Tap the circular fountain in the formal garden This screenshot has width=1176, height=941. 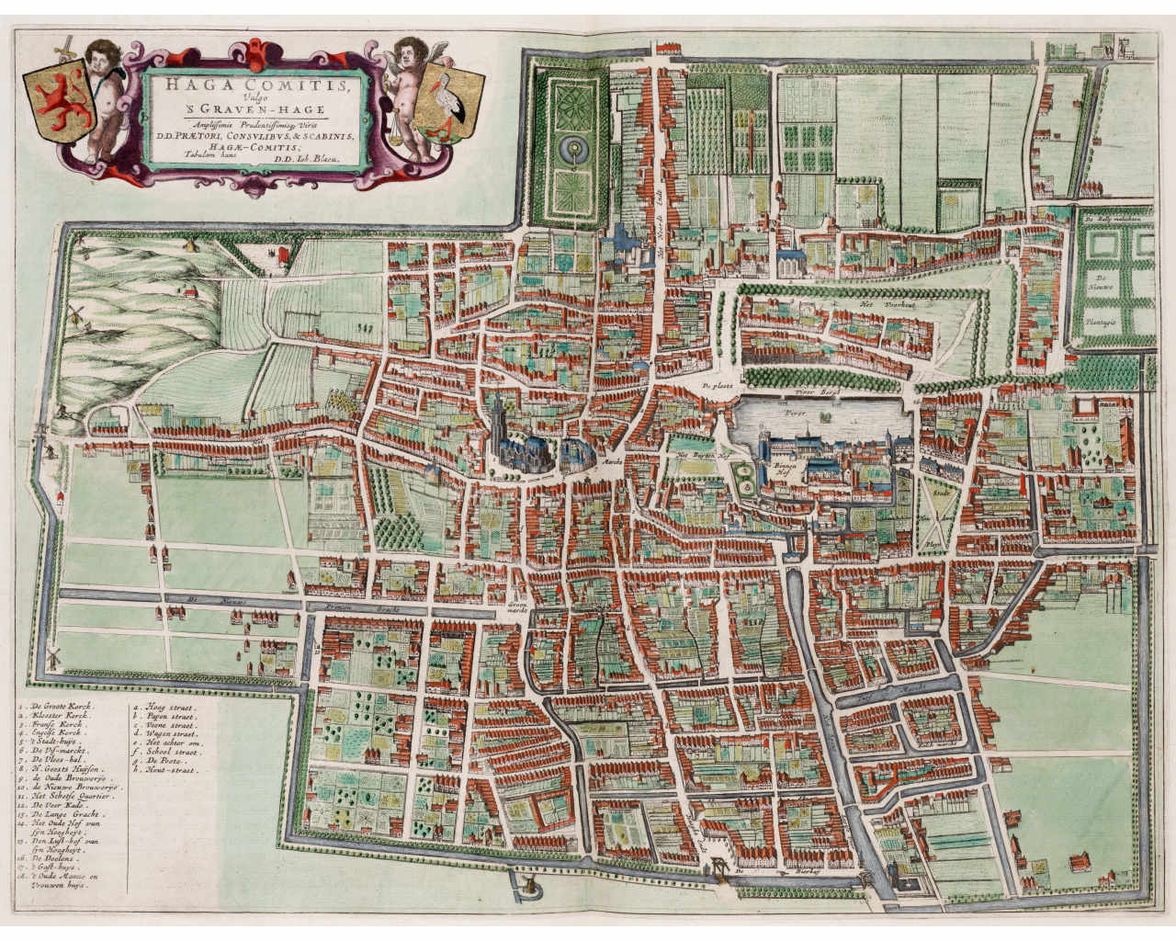[574, 145]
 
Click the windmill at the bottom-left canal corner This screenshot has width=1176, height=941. [54, 656]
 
